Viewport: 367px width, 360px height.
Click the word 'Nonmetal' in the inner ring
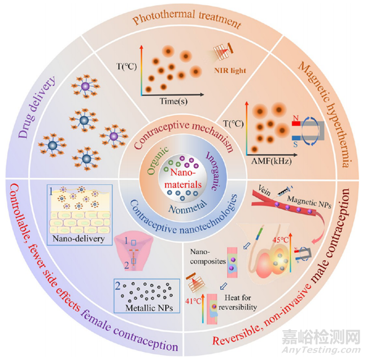coord(183,208)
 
